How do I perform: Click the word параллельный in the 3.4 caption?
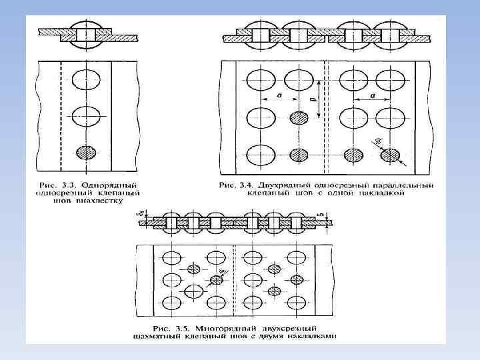[x=405, y=184]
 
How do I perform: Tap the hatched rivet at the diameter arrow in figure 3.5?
[x=216, y=280]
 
